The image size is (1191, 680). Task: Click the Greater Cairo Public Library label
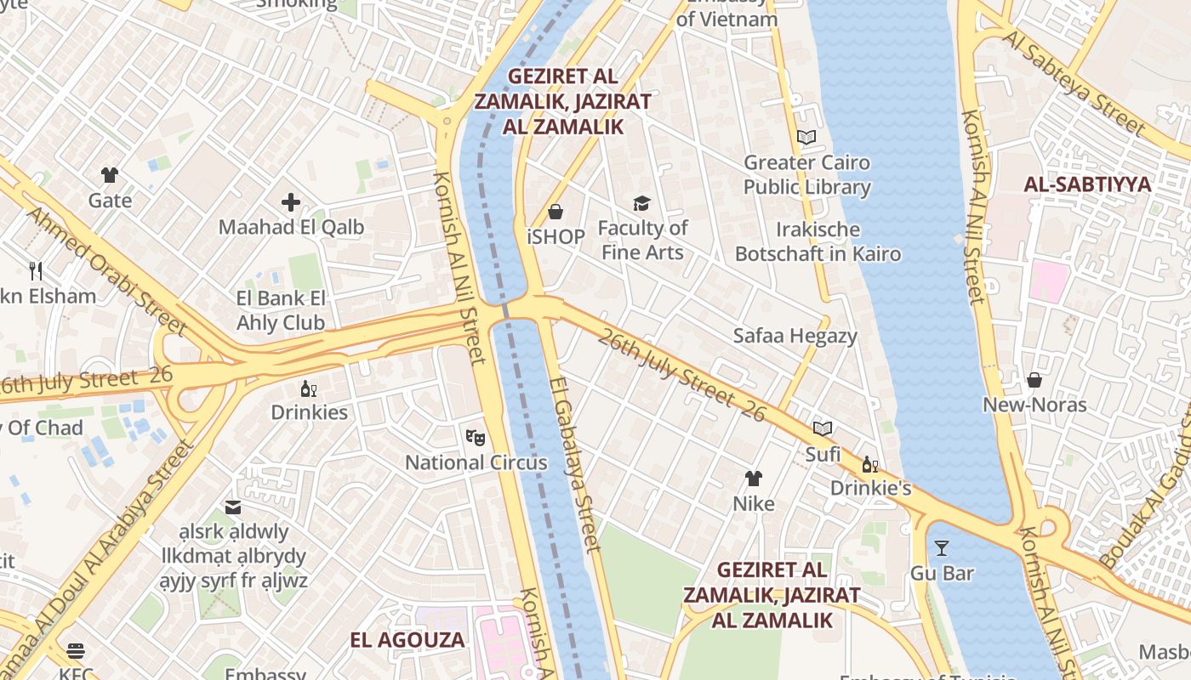tap(806, 174)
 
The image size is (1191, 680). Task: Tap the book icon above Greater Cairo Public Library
tap(806, 137)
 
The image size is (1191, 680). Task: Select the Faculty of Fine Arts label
tap(642, 240)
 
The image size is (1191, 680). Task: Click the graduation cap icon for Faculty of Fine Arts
tap(641, 203)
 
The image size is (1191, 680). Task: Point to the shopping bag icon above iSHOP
tap(556, 211)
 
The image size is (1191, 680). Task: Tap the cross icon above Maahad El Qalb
tap(291, 202)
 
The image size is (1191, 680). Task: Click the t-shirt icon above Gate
tap(110, 175)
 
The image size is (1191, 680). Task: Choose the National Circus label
tap(476, 462)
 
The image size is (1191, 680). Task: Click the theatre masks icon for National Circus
tap(476, 438)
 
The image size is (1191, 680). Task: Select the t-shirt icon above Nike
tap(754, 478)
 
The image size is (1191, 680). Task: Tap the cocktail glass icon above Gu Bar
tap(941, 547)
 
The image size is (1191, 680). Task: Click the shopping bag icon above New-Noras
tap(1034, 379)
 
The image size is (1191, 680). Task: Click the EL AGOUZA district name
tap(407, 640)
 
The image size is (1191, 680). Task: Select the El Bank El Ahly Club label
tap(281, 310)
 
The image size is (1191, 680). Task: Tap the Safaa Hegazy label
tap(795, 336)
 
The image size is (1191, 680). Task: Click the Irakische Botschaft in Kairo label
tap(818, 241)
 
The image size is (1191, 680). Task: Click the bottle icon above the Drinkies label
tap(308, 388)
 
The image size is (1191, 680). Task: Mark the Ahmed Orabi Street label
tap(105, 268)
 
